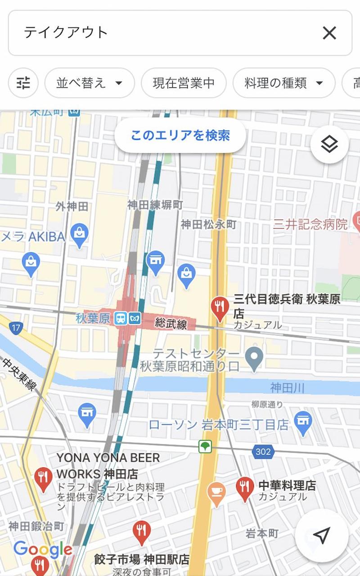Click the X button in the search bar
tap(329, 33)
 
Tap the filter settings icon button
tap(23, 83)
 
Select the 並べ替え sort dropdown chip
tap(90, 83)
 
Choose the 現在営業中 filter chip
tap(184, 83)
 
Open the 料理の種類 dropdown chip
tap(284, 83)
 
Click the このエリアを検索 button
tap(180, 136)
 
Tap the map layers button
tap(329, 145)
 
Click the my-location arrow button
tap(321, 535)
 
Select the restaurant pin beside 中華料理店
tap(245, 488)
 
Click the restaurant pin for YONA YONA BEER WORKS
tap(43, 478)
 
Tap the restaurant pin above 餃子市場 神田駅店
tap(142, 532)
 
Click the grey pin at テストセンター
tap(254, 358)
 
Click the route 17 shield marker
tap(16, 327)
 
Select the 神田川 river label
tap(288, 387)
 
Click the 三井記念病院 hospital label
tap(310, 224)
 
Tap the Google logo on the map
tap(42, 549)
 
